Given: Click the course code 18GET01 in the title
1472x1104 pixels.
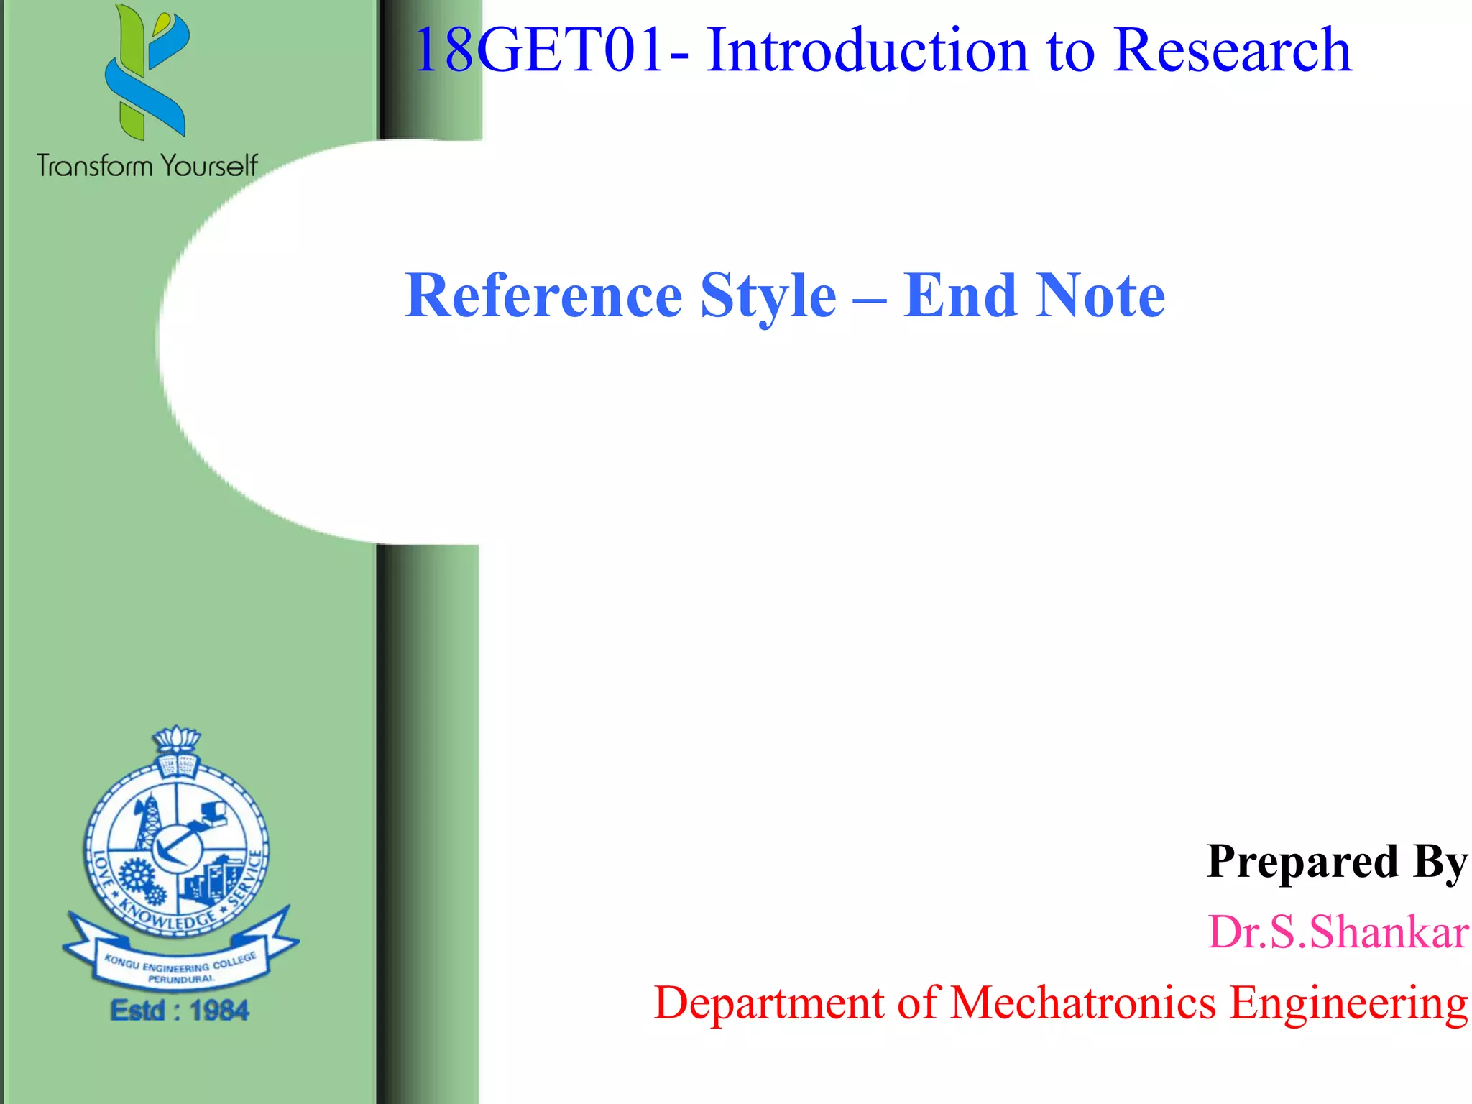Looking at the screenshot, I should pos(538,50).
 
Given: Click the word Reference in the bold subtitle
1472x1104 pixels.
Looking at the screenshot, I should pos(543,295).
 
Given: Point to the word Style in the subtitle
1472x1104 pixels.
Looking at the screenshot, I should pos(768,295).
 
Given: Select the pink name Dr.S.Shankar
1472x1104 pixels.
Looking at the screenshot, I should pos(1337,932).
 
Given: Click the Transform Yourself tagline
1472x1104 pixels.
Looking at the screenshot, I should pos(147,166).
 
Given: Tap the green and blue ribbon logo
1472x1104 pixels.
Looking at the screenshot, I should pos(147,72).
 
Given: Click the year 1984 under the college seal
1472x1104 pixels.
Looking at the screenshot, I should pos(219,1011).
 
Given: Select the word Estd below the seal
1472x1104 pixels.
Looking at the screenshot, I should pos(138,1011).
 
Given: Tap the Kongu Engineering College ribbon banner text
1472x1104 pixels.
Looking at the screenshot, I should pos(180,967).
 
